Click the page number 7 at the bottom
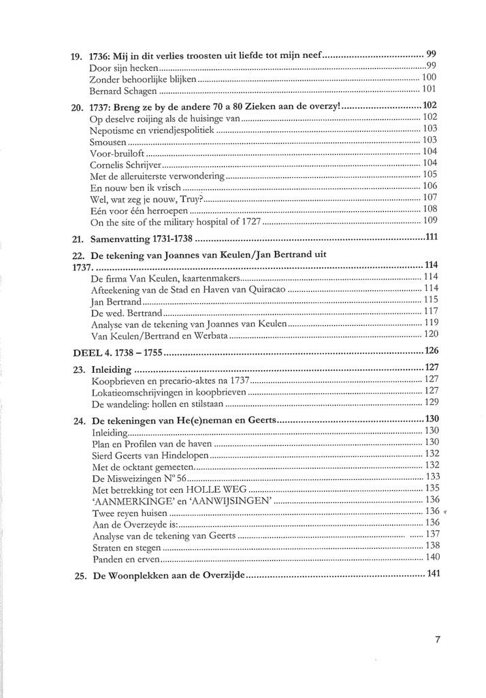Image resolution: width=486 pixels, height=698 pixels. click(438, 640)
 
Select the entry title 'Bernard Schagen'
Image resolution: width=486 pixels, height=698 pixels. click(124, 90)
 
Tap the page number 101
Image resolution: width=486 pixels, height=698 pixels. click(429, 89)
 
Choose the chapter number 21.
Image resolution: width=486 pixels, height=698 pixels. click(78, 240)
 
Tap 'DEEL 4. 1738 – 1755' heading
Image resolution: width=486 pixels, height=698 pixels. click(118, 352)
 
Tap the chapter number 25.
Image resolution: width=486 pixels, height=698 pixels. click(78, 576)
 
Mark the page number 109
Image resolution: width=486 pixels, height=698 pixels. click(429, 222)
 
